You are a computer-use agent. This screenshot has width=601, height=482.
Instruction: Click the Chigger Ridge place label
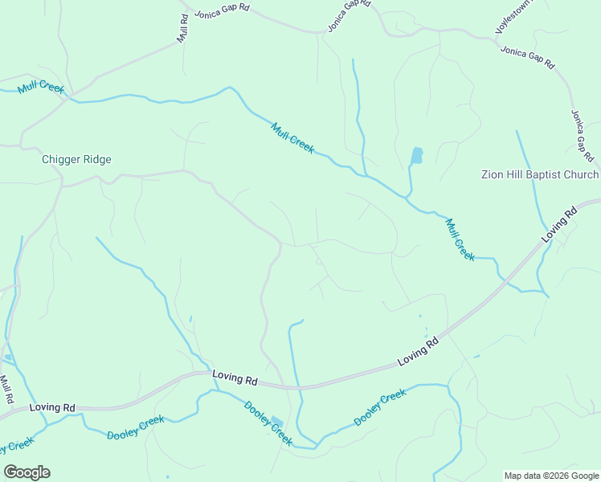(x=76, y=159)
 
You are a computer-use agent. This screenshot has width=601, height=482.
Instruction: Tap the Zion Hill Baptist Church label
(x=540, y=174)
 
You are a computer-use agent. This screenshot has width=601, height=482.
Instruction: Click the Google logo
(x=27, y=472)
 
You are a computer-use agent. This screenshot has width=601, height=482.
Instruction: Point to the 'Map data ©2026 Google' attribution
(x=550, y=476)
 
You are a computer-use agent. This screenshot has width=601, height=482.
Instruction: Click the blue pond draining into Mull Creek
(x=416, y=155)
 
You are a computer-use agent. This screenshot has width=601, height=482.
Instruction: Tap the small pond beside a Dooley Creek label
(x=277, y=422)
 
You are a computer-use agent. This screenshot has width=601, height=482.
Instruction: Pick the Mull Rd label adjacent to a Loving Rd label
(x=6, y=390)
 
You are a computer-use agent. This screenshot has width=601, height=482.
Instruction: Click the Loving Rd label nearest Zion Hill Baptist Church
(x=561, y=225)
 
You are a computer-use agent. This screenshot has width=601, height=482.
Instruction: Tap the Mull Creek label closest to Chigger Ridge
(x=39, y=87)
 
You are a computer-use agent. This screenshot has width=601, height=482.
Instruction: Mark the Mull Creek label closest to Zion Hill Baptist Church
(x=460, y=239)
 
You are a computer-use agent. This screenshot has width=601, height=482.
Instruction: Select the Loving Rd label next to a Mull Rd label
(x=51, y=407)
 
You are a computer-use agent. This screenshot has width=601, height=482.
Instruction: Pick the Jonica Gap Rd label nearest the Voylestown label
(x=527, y=56)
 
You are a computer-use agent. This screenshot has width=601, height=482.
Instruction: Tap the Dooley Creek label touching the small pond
(x=268, y=423)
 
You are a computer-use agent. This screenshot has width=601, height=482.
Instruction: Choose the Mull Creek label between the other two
(x=292, y=137)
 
